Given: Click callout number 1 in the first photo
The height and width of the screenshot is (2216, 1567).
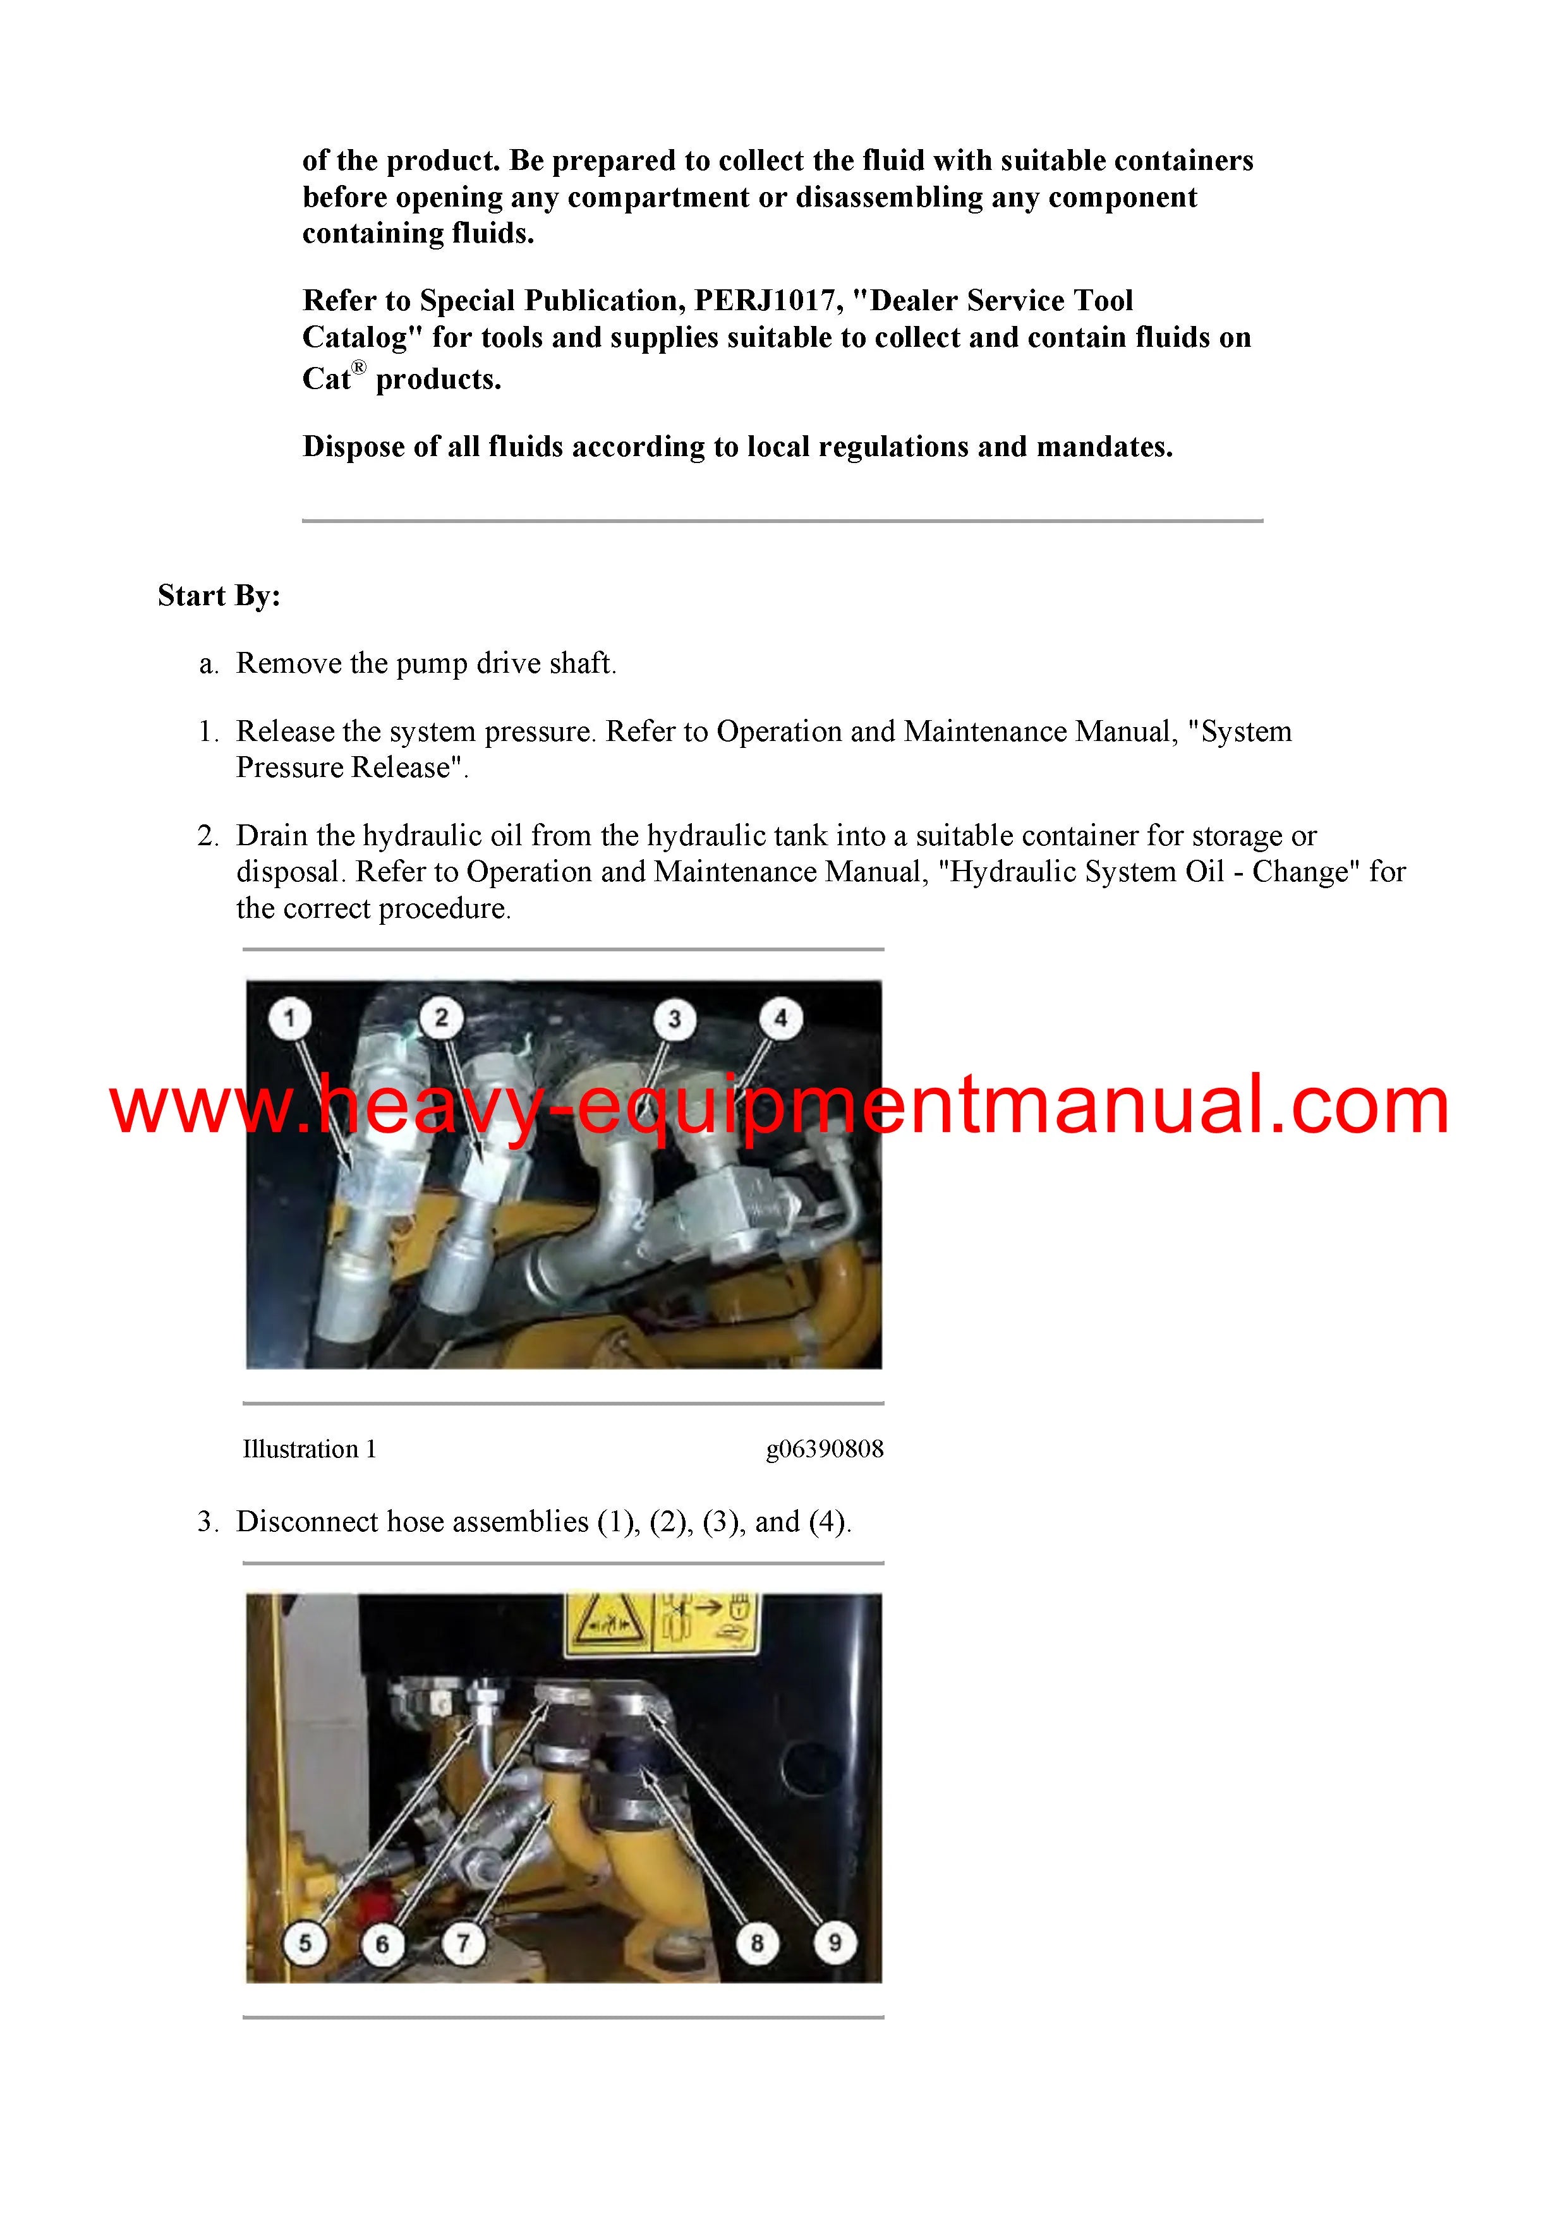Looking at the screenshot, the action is [289, 1018].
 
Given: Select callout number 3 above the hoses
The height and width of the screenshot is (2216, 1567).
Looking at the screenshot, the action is [674, 1018].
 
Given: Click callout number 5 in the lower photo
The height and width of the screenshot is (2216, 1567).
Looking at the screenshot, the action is [305, 1942].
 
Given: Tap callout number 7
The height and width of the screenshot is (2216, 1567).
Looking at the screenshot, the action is [463, 1942].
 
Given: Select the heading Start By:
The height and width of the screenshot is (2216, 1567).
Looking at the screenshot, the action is [219, 596].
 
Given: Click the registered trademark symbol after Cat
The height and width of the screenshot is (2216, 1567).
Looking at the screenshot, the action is [358, 368].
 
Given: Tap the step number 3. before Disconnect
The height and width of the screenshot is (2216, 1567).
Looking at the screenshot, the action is [209, 1522].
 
